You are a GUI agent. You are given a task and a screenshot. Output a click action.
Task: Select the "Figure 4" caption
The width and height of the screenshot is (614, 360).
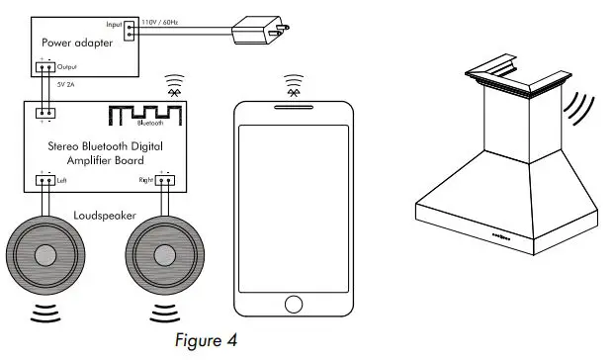click(206, 341)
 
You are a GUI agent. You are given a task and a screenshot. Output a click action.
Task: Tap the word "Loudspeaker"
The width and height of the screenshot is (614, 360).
click(104, 214)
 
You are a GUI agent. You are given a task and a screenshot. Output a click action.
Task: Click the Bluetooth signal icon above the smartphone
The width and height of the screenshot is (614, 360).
click(293, 84)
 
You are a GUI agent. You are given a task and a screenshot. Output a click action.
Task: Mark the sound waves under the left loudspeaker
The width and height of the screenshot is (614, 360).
click(45, 315)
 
